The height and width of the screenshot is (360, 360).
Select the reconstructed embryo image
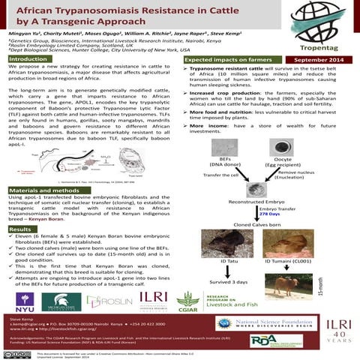pos(257,190)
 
